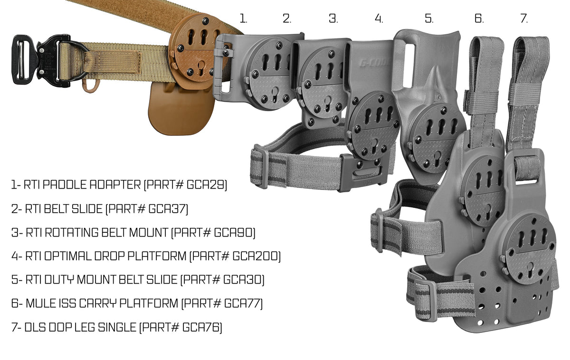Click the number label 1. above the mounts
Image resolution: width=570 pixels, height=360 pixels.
(x=243, y=19)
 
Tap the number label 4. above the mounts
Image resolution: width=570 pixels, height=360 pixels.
(x=379, y=19)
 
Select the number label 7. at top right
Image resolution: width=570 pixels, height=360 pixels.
(x=524, y=19)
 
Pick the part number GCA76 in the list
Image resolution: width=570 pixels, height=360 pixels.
(x=201, y=327)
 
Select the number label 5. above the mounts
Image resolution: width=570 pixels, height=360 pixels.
(x=429, y=19)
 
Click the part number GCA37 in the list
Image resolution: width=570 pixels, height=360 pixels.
(x=168, y=208)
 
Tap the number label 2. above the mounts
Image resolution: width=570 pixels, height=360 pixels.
(x=287, y=19)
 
